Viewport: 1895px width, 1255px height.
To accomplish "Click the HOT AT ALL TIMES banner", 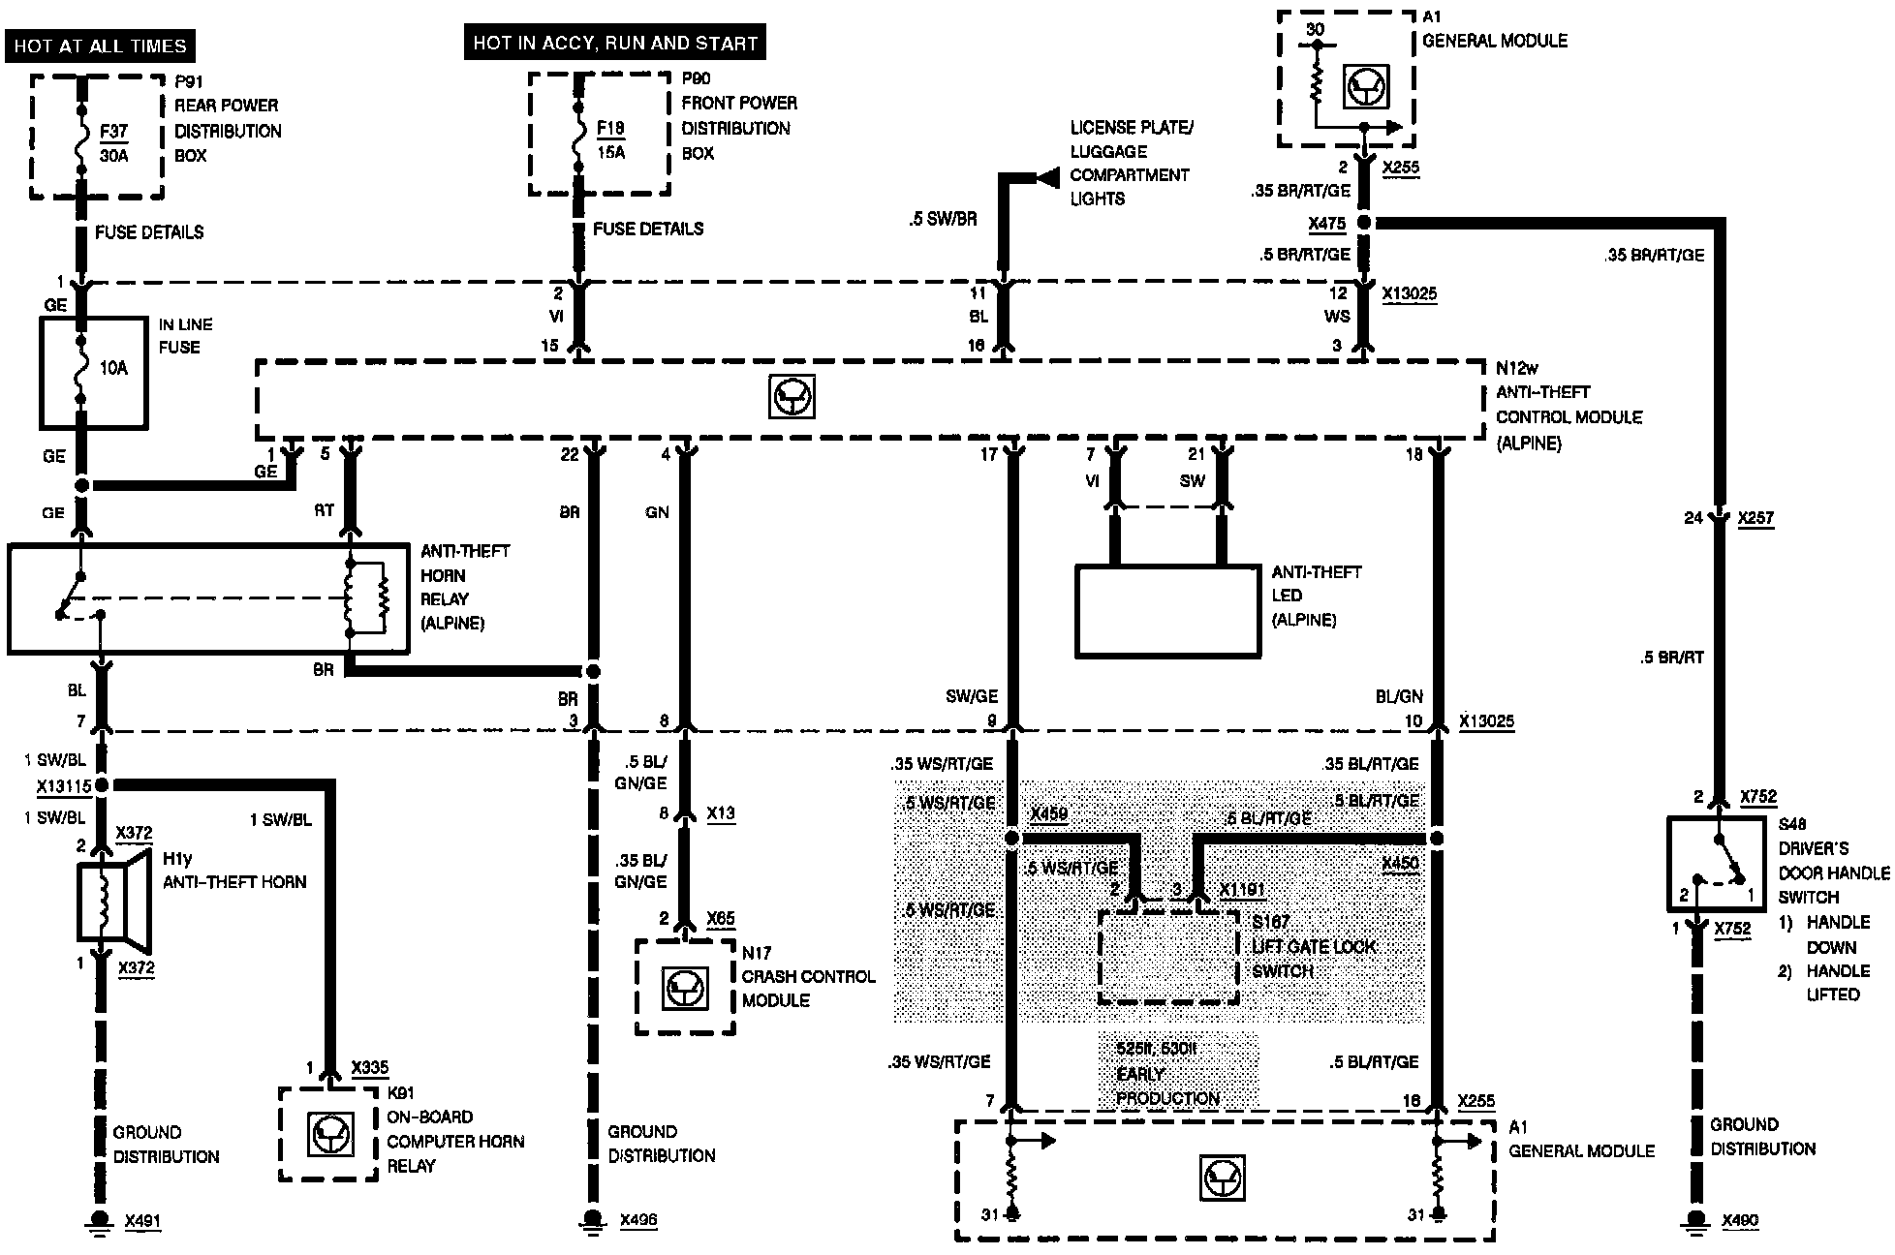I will tap(100, 46).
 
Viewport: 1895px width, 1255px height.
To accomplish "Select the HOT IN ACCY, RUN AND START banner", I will tap(615, 43).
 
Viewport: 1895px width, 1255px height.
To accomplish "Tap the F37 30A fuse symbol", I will tap(82, 142).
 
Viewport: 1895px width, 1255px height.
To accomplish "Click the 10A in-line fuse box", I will tap(93, 371).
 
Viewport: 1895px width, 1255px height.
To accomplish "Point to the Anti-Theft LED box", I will tap(1167, 611).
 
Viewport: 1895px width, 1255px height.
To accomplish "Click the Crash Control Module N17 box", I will tap(685, 987).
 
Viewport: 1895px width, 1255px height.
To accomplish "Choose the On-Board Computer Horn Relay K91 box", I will tap(328, 1133).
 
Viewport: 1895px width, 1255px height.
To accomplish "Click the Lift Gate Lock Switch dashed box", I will tap(1168, 957).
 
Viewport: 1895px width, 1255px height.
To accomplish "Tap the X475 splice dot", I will tap(1364, 223).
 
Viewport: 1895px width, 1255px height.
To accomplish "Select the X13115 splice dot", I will tap(101, 784).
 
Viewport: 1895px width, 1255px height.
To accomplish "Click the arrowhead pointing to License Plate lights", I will tap(1045, 177).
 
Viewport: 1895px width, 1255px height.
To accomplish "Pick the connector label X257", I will tap(1755, 518).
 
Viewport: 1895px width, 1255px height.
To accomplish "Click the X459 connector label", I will tap(1048, 813).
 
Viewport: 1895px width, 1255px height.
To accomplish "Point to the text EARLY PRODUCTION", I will tap(1166, 1087).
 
